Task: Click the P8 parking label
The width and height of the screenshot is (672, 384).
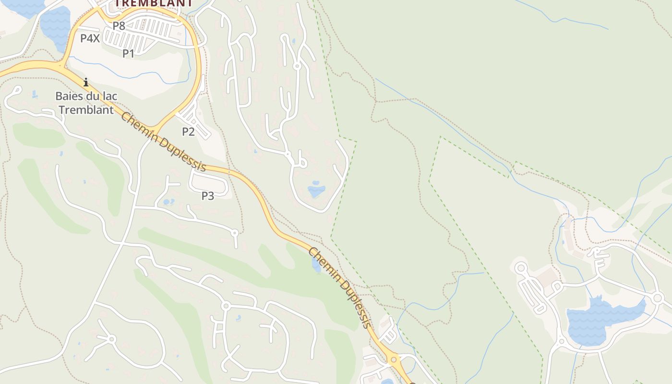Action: (119, 26)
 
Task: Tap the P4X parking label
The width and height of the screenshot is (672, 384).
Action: (90, 38)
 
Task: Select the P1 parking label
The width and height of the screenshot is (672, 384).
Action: (128, 53)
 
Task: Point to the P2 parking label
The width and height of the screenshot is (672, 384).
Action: (188, 132)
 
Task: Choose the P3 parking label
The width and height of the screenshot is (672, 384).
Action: (207, 196)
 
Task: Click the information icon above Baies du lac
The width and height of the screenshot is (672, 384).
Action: (86, 83)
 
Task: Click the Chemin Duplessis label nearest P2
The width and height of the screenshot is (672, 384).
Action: (163, 142)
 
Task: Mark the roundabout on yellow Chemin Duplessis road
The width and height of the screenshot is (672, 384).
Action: (394, 359)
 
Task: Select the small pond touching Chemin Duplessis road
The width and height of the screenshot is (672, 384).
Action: (316, 264)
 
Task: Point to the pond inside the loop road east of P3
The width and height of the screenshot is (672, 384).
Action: (316, 190)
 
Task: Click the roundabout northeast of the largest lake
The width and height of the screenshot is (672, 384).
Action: (658, 299)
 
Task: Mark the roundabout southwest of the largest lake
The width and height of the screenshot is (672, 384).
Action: (562, 342)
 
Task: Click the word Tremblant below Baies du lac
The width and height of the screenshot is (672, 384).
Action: (86, 109)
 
